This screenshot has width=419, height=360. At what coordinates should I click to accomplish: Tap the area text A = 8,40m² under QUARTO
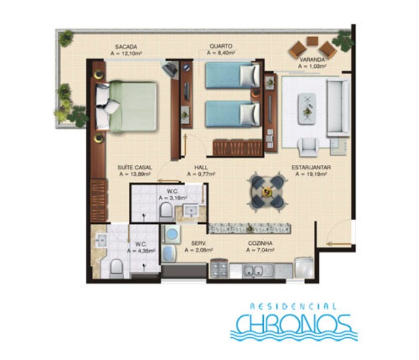tap(221, 53)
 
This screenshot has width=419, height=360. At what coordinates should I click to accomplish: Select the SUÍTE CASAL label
tap(135, 167)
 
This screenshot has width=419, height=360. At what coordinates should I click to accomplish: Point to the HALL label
tap(201, 167)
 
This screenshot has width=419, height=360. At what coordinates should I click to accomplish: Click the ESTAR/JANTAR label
tap(311, 167)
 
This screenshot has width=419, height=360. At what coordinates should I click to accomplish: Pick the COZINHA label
tap(260, 244)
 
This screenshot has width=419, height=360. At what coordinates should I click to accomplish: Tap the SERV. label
tap(198, 244)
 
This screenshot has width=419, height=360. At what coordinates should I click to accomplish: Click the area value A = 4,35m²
tap(141, 251)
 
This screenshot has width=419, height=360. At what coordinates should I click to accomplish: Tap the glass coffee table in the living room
tap(307, 109)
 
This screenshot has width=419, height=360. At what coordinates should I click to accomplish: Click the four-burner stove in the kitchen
tap(219, 269)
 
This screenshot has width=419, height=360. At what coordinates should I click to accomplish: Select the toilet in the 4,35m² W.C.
tap(116, 268)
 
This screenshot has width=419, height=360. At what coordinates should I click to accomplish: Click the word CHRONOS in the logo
tap(294, 325)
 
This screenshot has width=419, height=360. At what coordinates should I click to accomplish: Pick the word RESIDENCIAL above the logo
tap(293, 306)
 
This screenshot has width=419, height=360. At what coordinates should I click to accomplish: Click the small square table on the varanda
tap(312, 41)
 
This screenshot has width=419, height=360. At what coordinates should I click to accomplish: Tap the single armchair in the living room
tap(309, 146)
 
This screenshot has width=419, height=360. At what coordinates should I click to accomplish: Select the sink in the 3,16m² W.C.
tap(191, 211)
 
